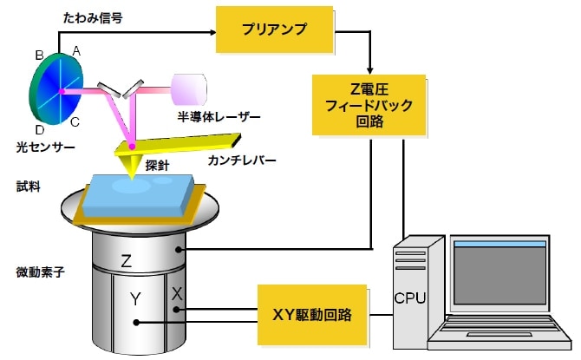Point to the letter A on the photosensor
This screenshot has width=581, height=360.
click(x=76, y=52)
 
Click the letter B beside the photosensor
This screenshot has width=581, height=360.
click(x=39, y=56)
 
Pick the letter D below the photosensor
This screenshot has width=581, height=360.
click(x=40, y=128)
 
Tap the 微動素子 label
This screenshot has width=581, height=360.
click(x=34, y=272)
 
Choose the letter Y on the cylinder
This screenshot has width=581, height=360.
click(x=134, y=299)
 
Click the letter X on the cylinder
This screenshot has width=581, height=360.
click(x=177, y=295)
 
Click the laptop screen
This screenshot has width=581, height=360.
click(x=499, y=275)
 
